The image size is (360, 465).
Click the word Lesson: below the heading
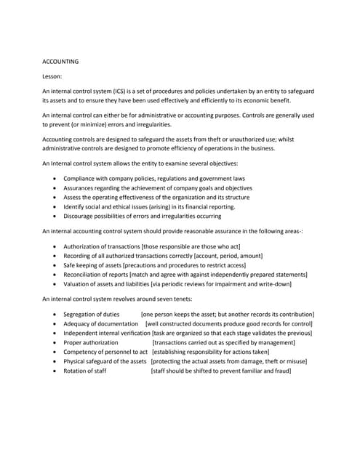point(54,76)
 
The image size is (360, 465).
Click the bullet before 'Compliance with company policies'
point(55,178)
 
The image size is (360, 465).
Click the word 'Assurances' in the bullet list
point(81,187)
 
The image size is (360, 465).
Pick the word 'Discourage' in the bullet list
point(81,216)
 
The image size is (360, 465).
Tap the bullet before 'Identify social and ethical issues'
point(55,206)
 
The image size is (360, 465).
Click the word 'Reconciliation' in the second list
point(86,275)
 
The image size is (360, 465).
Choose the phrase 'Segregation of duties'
point(92,314)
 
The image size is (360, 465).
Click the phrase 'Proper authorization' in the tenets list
point(91,342)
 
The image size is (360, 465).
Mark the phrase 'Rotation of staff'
point(85,371)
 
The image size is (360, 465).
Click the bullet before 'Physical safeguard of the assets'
point(55,361)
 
